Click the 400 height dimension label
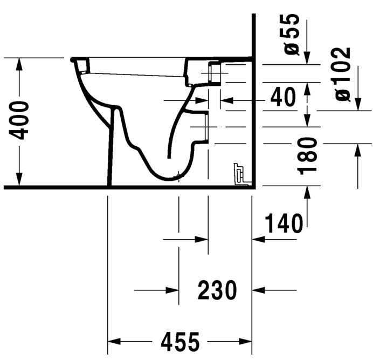(22, 119)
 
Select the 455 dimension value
(180, 341)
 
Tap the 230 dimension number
(217, 290)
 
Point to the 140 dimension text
(284, 223)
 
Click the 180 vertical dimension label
(308, 156)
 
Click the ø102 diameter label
(342, 74)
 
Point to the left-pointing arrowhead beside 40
(226, 100)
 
